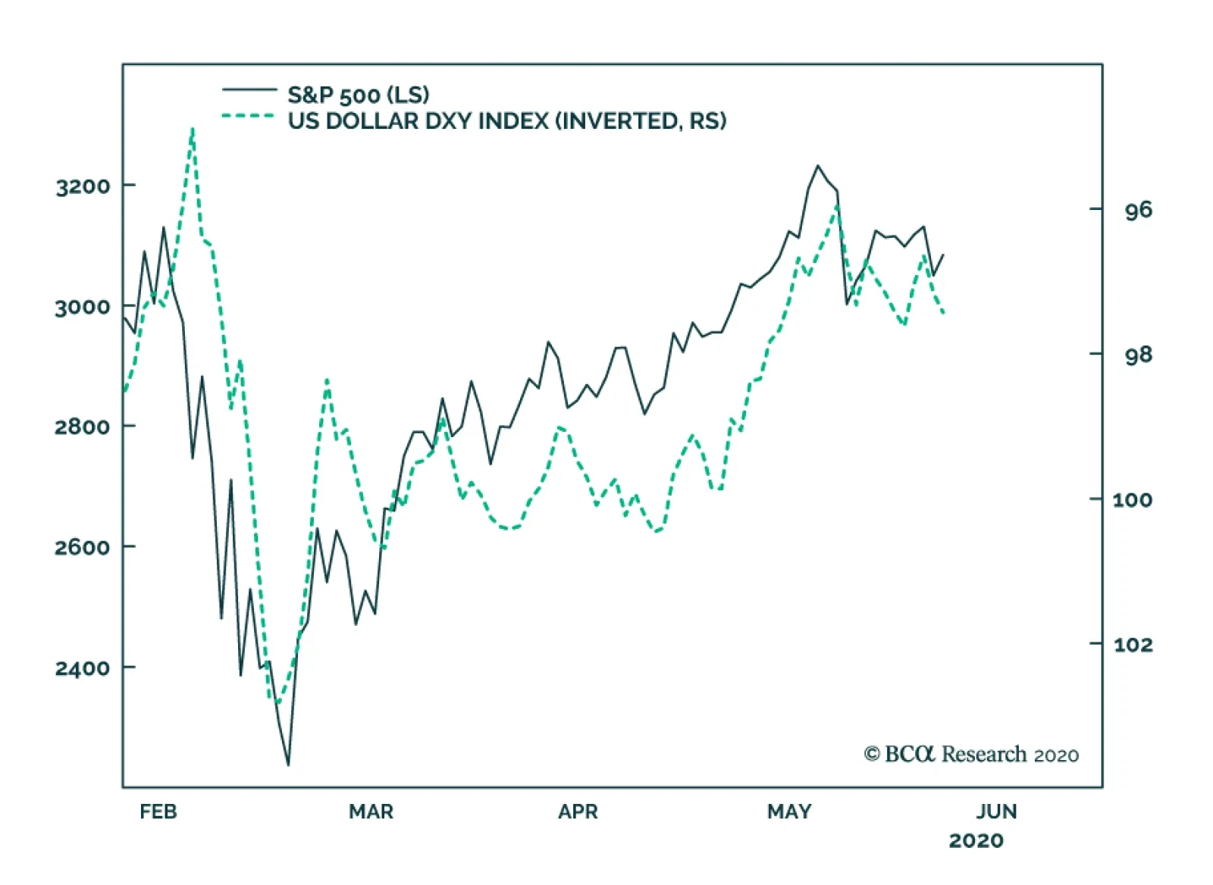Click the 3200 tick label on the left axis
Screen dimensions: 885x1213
point(83,186)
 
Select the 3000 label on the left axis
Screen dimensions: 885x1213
point(83,307)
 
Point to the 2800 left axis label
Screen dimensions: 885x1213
point(83,427)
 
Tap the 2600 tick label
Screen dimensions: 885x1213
point(83,547)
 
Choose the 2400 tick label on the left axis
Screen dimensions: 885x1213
point(83,668)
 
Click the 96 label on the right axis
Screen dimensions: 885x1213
point(1138,210)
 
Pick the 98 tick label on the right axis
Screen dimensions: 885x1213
point(1138,355)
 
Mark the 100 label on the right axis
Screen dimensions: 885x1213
point(1133,499)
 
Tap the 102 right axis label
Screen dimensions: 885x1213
point(1133,644)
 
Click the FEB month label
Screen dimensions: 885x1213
point(158,812)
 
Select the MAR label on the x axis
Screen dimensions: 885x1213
point(371,812)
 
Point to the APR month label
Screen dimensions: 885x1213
point(578,812)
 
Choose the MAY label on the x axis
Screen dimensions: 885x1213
point(789,812)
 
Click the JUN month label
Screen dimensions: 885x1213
point(996,812)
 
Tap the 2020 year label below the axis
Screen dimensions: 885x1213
point(976,840)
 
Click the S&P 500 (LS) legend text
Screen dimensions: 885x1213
point(358,95)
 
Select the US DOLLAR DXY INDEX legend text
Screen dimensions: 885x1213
point(506,121)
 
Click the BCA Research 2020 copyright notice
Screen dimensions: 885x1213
point(971,754)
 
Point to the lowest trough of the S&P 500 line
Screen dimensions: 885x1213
point(288,765)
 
